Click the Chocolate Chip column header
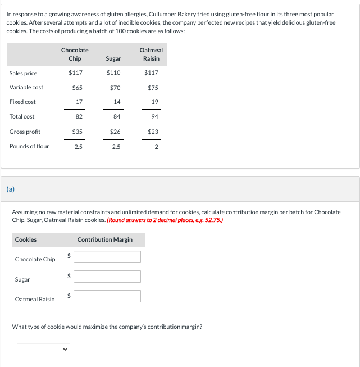pos(75,55)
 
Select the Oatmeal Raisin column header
pos(151,55)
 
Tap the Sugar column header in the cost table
pos(113,58)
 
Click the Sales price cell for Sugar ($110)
pos(113,73)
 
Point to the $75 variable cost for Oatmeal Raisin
pos(153,88)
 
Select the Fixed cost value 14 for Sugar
pos(116,102)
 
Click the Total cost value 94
pos(154,116)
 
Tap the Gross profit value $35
pos(77,132)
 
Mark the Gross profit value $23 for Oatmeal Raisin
pos(153,132)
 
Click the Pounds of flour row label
pos(29,146)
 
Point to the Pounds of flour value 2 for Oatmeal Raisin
pos(156,147)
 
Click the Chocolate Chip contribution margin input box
pos(107,257)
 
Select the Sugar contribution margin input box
pos(107,277)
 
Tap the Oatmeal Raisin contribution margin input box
pos(107,296)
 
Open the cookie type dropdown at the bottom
pos(44,349)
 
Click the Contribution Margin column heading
pos(105,239)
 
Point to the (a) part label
pos(11,189)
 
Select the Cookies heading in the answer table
pos(26,239)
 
